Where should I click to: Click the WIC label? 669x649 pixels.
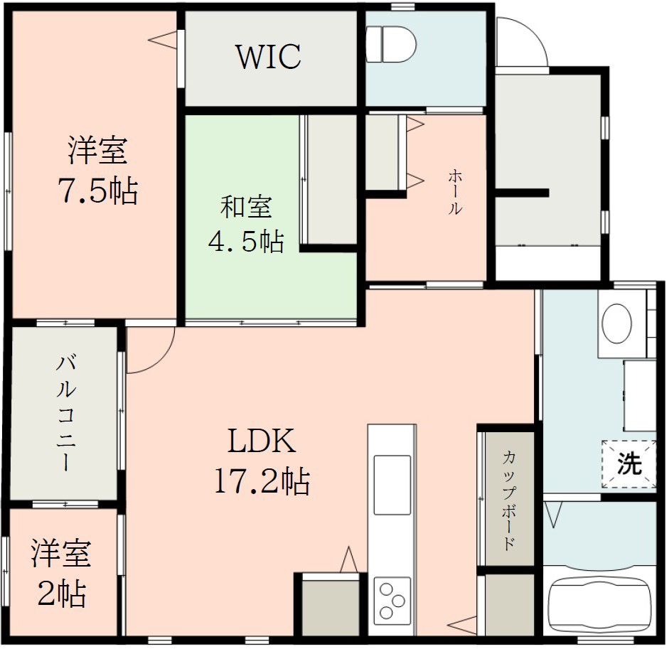[268, 58]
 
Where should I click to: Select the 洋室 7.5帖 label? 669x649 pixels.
[97, 171]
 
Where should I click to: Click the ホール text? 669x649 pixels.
[455, 192]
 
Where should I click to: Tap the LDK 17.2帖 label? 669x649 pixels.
[262, 462]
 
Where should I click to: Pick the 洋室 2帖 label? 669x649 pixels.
[61, 572]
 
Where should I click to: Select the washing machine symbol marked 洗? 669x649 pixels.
[628, 465]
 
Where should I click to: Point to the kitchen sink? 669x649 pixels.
[392, 484]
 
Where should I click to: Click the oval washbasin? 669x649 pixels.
[616, 324]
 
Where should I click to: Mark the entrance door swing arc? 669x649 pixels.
[523, 43]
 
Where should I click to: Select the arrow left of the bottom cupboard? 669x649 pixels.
[462, 626]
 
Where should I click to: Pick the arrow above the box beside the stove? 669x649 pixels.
[348, 559]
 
